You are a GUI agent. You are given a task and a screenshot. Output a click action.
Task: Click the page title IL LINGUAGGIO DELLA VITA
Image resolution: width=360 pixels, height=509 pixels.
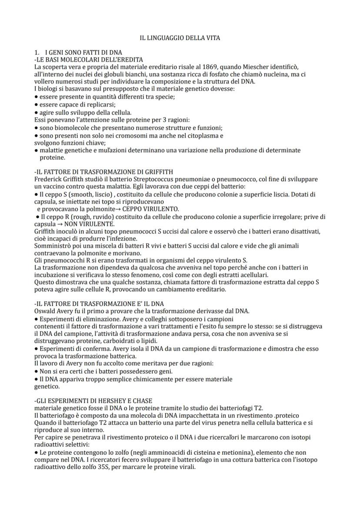point(180,38)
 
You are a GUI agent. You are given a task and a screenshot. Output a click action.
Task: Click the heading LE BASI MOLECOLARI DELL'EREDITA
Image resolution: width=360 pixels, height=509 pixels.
point(90,60)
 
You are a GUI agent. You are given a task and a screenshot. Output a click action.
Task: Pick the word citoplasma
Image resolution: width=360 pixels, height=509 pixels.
point(206,135)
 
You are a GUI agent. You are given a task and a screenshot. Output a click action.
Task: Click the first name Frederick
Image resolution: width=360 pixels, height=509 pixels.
point(48,179)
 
